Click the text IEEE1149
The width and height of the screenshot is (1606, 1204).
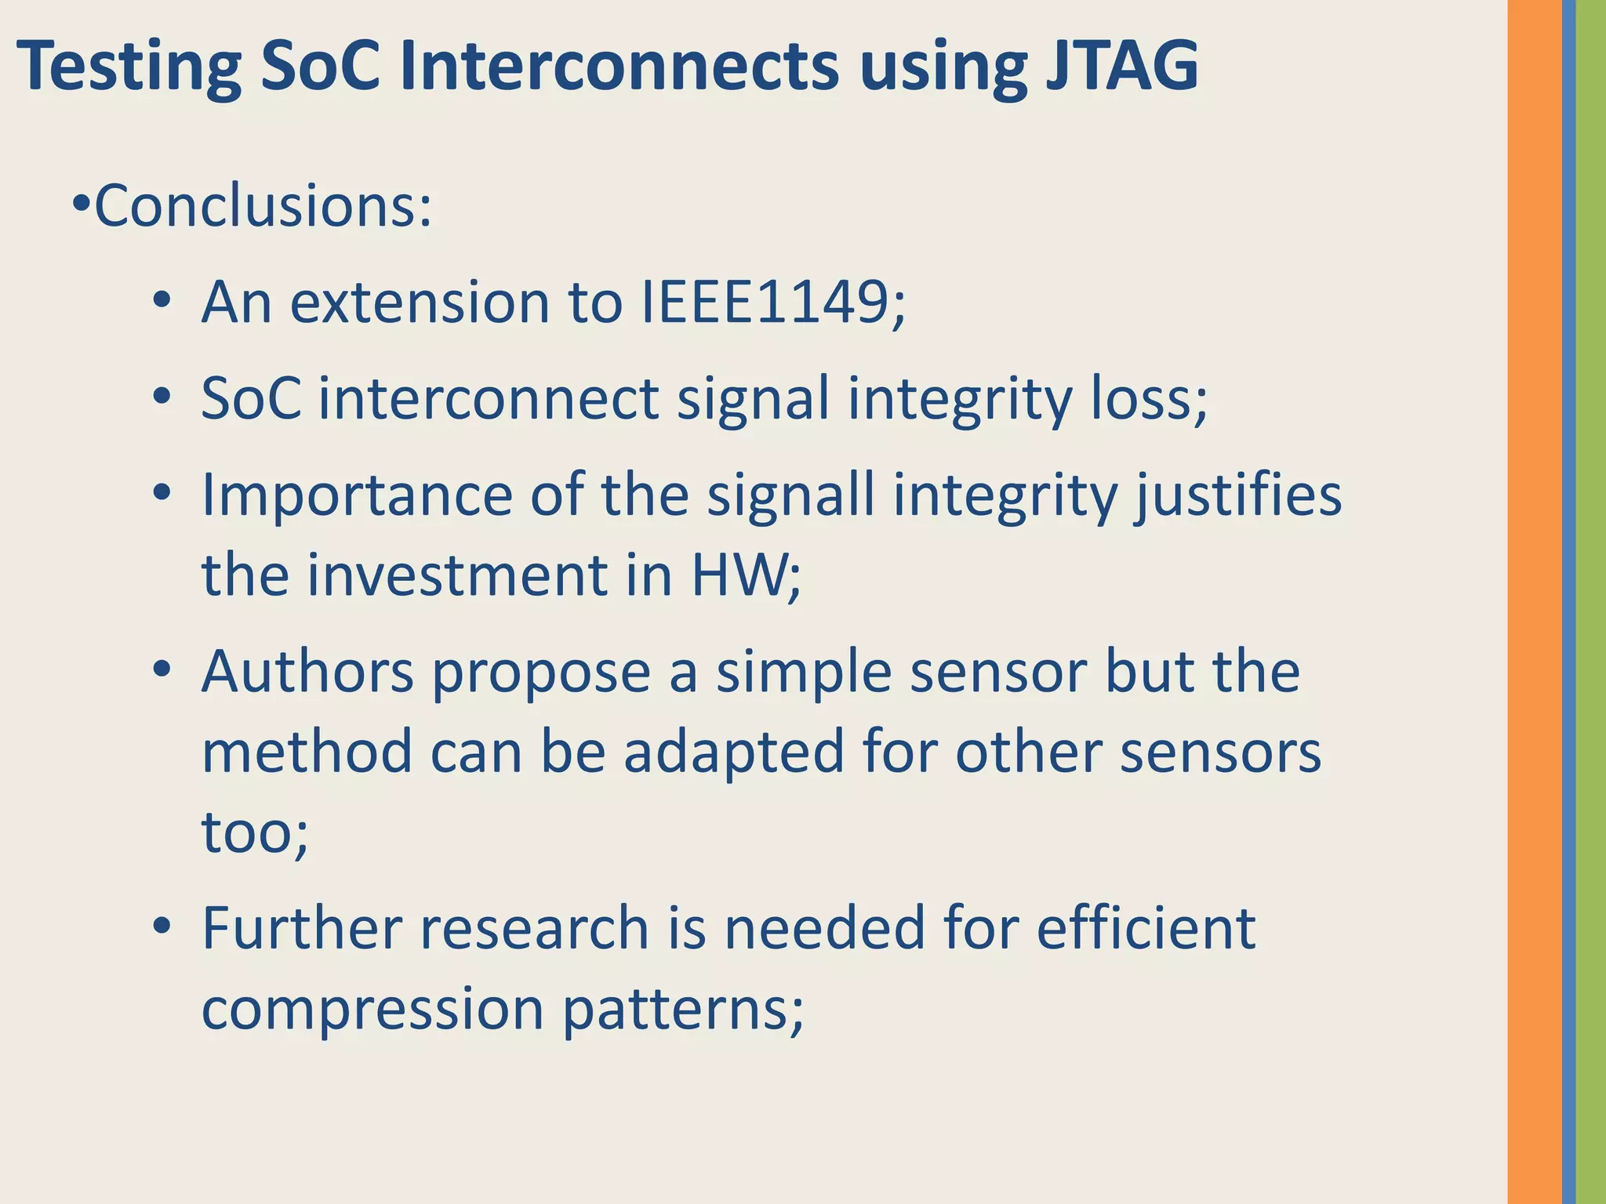point(772,303)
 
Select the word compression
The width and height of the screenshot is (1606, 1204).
point(372,1009)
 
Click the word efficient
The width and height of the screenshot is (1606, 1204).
point(1146,928)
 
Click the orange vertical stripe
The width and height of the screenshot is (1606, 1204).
point(1534,602)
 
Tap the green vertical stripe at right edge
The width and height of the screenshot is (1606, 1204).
point(1591,602)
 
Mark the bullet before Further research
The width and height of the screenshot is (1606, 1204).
point(162,927)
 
